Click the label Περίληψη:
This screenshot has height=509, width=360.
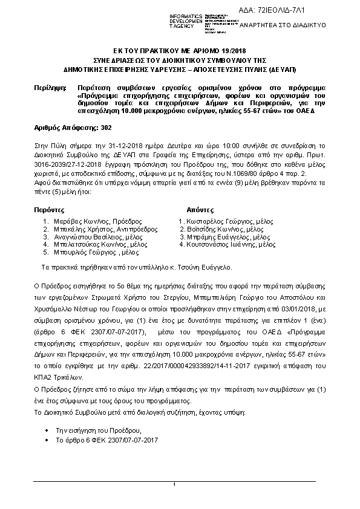[50, 88]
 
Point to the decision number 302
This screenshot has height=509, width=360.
[104, 128]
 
